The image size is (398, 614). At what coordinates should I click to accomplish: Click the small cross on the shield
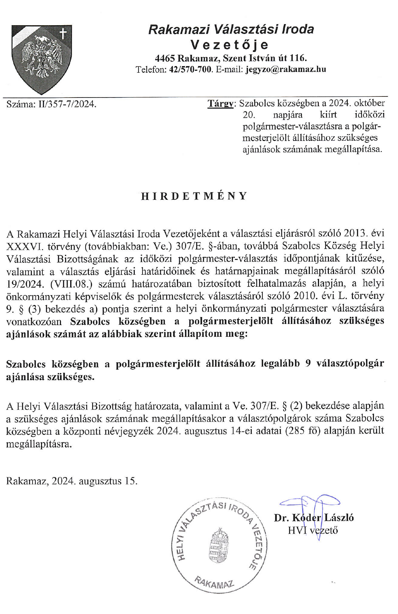pyautogui.click(x=63, y=34)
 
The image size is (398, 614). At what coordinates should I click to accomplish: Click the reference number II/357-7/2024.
pyautogui.click(x=67, y=104)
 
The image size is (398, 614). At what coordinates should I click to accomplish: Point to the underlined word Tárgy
pyautogui.click(x=221, y=104)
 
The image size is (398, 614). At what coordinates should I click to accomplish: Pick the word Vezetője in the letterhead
pyautogui.click(x=230, y=45)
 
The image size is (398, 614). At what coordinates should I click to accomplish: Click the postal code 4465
pyautogui.click(x=165, y=58)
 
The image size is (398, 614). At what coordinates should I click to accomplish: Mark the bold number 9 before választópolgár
pyautogui.click(x=308, y=364)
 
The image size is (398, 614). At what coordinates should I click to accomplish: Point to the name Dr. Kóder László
pyautogui.click(x=314, y=518)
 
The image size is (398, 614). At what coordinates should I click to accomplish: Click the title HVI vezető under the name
pyautogui.click(x=312, y=530)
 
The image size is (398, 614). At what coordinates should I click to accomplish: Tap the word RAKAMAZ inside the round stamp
pyautogui.click(x=214, y=583)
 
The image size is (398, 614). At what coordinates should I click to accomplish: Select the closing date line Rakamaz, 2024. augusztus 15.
pyautogui.click(x=72, y=481)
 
